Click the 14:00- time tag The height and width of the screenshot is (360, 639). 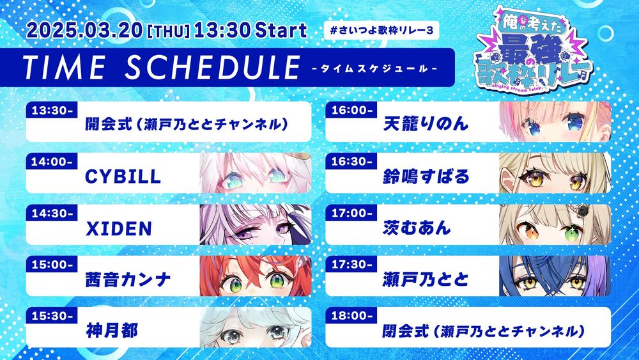click(x=52, y=161)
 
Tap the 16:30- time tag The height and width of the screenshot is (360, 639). click(x=351, y=161)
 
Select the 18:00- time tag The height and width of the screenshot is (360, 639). click(x=351, y=316)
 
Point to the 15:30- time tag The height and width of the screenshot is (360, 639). click(x=52, y=316)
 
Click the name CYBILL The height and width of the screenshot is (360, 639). click(x=123, y=176)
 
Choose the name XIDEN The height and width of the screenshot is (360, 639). click(x=119, y=229)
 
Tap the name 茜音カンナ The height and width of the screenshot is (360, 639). click(x=128, y=280)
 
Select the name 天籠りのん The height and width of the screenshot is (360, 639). click(x=426, y=124)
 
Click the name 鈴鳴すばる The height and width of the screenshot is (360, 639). click(x=426, y=176)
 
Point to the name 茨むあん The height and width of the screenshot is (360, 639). click(x=417, y=228)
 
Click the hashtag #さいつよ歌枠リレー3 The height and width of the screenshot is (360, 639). click(x=381, y=30)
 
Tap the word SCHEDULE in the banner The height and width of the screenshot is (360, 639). click(x=212, y=67)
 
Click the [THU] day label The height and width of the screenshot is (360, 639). click(x=168, y=32)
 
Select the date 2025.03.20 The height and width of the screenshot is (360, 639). click(x=84, y=31)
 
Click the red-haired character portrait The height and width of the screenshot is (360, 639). click(x=256, y=276)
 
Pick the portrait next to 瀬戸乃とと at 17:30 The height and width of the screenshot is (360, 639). click(x=555, y=276)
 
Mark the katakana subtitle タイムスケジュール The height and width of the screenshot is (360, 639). click(x=374, y=68)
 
